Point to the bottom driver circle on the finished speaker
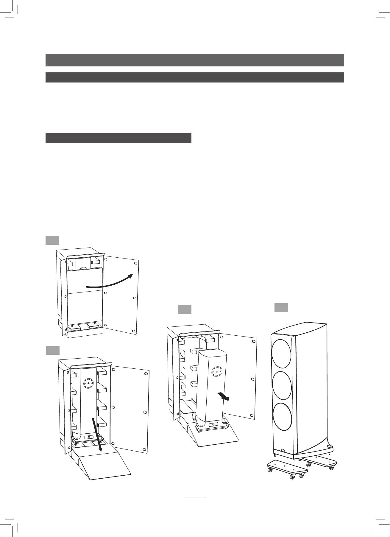coord(282,417)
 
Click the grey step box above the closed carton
coord(52,240)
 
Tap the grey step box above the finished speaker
coord(281,307)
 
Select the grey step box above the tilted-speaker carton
coord(184,309)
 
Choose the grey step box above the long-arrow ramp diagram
coord(53,350)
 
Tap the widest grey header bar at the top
coord(195,60)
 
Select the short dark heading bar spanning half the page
coord(118,138)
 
